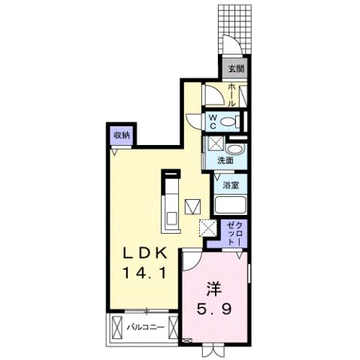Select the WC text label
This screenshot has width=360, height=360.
pyautogui.click(x=213, y=121)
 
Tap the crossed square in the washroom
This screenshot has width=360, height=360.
pyautogui.click(x=214, y=145)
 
